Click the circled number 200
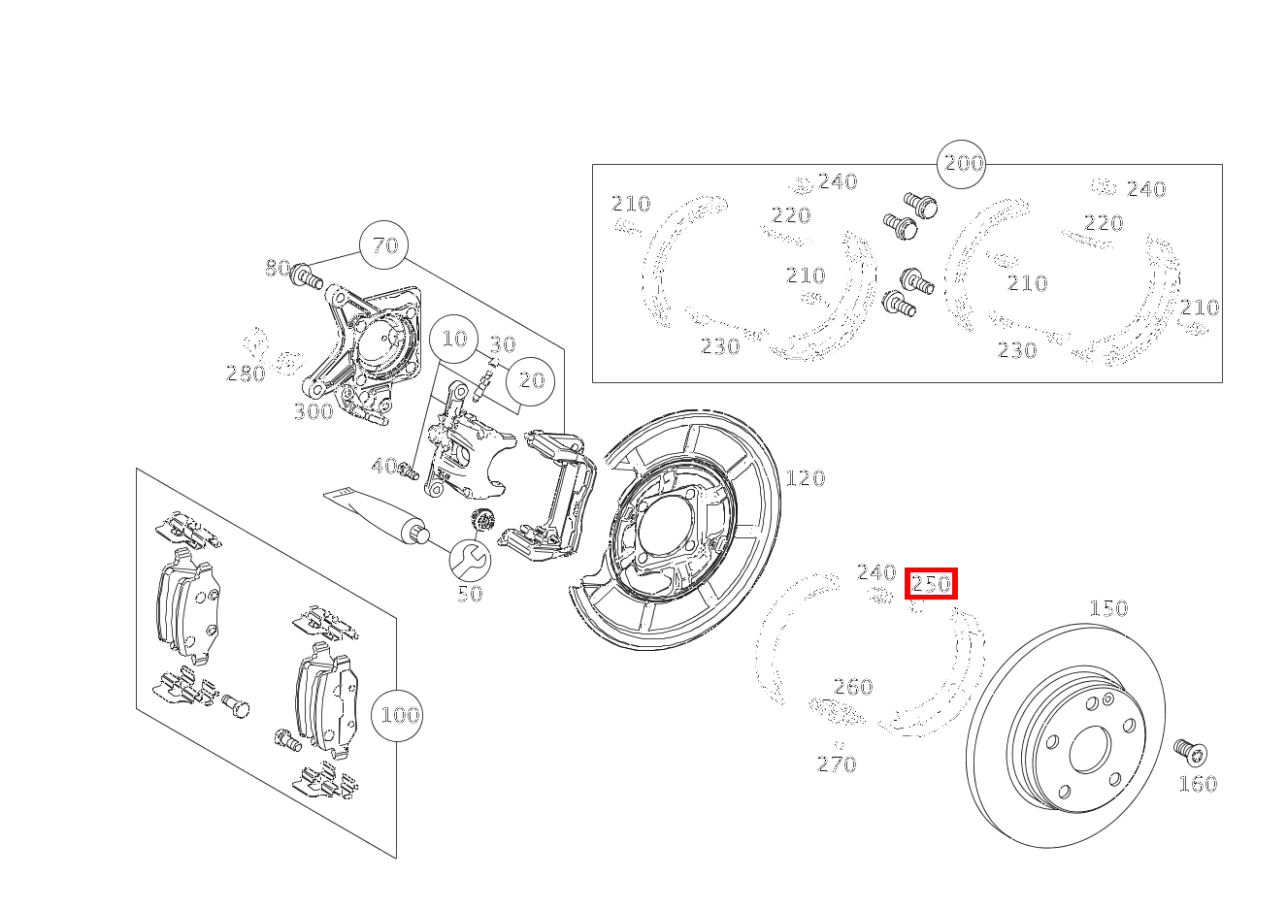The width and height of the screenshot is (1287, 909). click(x=963, y=163)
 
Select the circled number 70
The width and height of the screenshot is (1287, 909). click(x=385, y=245)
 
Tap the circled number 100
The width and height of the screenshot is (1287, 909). click(x=399, y=716)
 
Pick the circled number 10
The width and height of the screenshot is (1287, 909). click(x=454, y=339)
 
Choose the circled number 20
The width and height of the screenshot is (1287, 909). click(x=531, y=380)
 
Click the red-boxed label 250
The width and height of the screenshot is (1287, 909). click(x=931, y=583)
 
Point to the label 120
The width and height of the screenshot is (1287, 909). click(x=805, y=477)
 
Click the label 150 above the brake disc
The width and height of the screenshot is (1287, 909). click(x=1107, y=608)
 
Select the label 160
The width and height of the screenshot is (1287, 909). click(x=1197, y=784)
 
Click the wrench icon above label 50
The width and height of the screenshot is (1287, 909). click(x=470, y=559)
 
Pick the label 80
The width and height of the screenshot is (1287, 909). click(x=278, y=268)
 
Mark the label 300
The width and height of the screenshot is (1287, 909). click(x=313, y=411)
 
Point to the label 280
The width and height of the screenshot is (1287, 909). click(x=245, y=373)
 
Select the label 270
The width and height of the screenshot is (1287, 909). click(x=837, y=764)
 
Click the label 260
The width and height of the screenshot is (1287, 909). click(x=853, y=687)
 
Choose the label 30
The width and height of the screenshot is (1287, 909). click(x=502, y=344)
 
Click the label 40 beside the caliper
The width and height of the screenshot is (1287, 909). click(x=384, y=467)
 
